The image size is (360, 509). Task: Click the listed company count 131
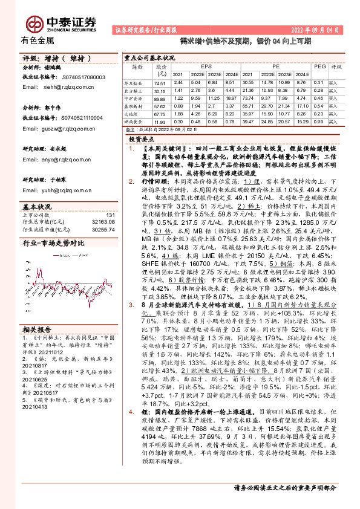[x=110, y=215]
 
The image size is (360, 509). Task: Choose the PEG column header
[x=319, y=66]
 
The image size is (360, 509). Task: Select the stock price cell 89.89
[x=160, y=98]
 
